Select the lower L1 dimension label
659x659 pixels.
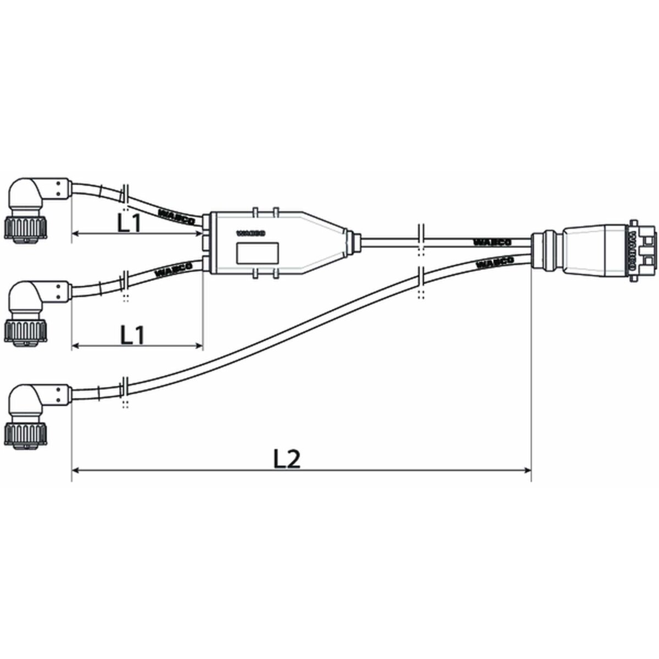[x=132, y=334]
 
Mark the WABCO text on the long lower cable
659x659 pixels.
[x=495, y=263]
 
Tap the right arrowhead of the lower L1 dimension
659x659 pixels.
[x=199, y=345]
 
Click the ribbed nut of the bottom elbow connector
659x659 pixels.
[x=25, y=432]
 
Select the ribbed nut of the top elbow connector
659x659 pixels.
[x=25, y=227]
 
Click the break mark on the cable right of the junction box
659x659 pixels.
[x=421, y=239]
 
